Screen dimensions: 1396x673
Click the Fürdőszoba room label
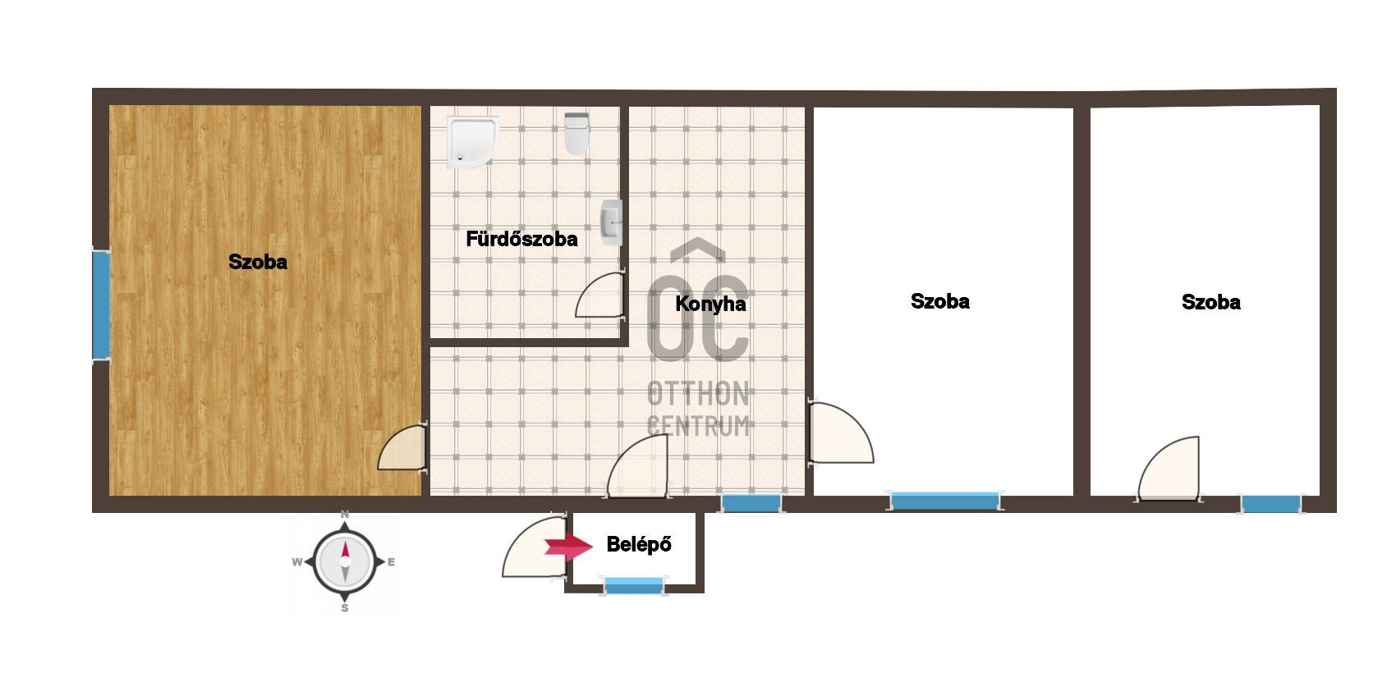[521, 239]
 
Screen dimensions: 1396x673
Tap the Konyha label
[710, 304]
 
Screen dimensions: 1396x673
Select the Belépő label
[639, 544]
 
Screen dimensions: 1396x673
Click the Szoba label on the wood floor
[257, 262]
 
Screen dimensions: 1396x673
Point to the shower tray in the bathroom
[472, 143]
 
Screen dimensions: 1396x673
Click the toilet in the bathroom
[576, 133]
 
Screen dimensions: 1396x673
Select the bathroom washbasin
[611, 222]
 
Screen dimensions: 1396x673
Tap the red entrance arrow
[567, 546]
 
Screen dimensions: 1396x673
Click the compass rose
[345, 561]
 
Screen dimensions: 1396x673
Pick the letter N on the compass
[345, 515]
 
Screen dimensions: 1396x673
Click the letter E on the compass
[392, 562]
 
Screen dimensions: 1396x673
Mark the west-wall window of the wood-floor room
[101, 304]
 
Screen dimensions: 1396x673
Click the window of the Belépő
[634, 586]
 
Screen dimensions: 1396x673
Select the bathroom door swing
[599, 295]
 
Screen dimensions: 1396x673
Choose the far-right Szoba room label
[1211, 302]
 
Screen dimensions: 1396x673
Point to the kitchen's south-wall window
[751, 503]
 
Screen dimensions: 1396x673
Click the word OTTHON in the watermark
[698, 395]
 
